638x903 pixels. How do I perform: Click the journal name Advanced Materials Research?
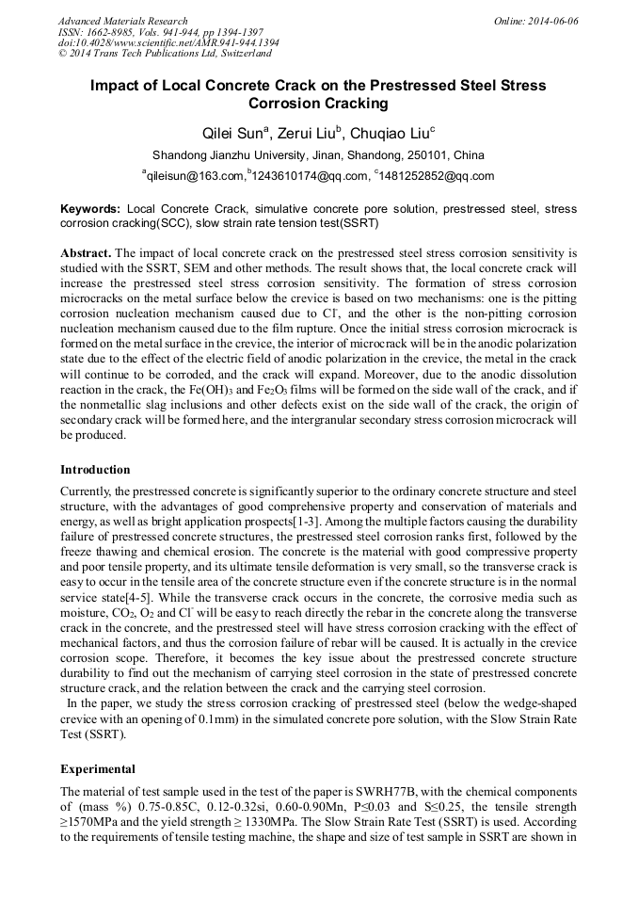point(122,21)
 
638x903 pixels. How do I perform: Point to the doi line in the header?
point(167,43)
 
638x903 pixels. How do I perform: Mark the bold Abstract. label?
point(87,254)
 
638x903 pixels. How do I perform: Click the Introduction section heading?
point(95,469)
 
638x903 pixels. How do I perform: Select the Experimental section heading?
point(97,768)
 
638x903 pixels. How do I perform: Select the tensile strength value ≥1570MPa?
point(92,821)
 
